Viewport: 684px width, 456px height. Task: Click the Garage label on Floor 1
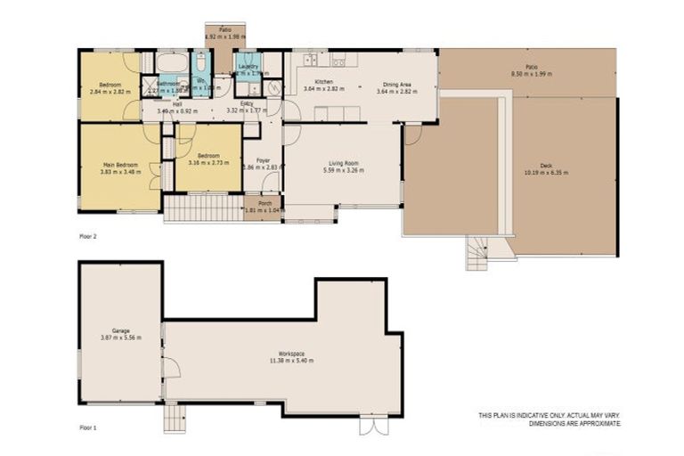coord(121,330)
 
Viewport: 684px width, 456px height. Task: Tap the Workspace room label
coord(292,354)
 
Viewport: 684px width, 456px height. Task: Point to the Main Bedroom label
coord(119,165)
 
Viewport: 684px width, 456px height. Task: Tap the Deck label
coord(545,166)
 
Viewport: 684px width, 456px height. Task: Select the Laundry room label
coord(248,66)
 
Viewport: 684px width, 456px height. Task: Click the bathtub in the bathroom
coord(172,63)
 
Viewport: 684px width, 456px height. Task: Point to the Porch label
coord(265,203)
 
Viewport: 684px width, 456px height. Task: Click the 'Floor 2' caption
coord(88,238)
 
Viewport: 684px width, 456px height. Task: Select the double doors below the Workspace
coord(373,426)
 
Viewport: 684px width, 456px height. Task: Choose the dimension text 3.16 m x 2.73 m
coord(209,163)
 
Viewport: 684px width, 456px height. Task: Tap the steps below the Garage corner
coord(174,418)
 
